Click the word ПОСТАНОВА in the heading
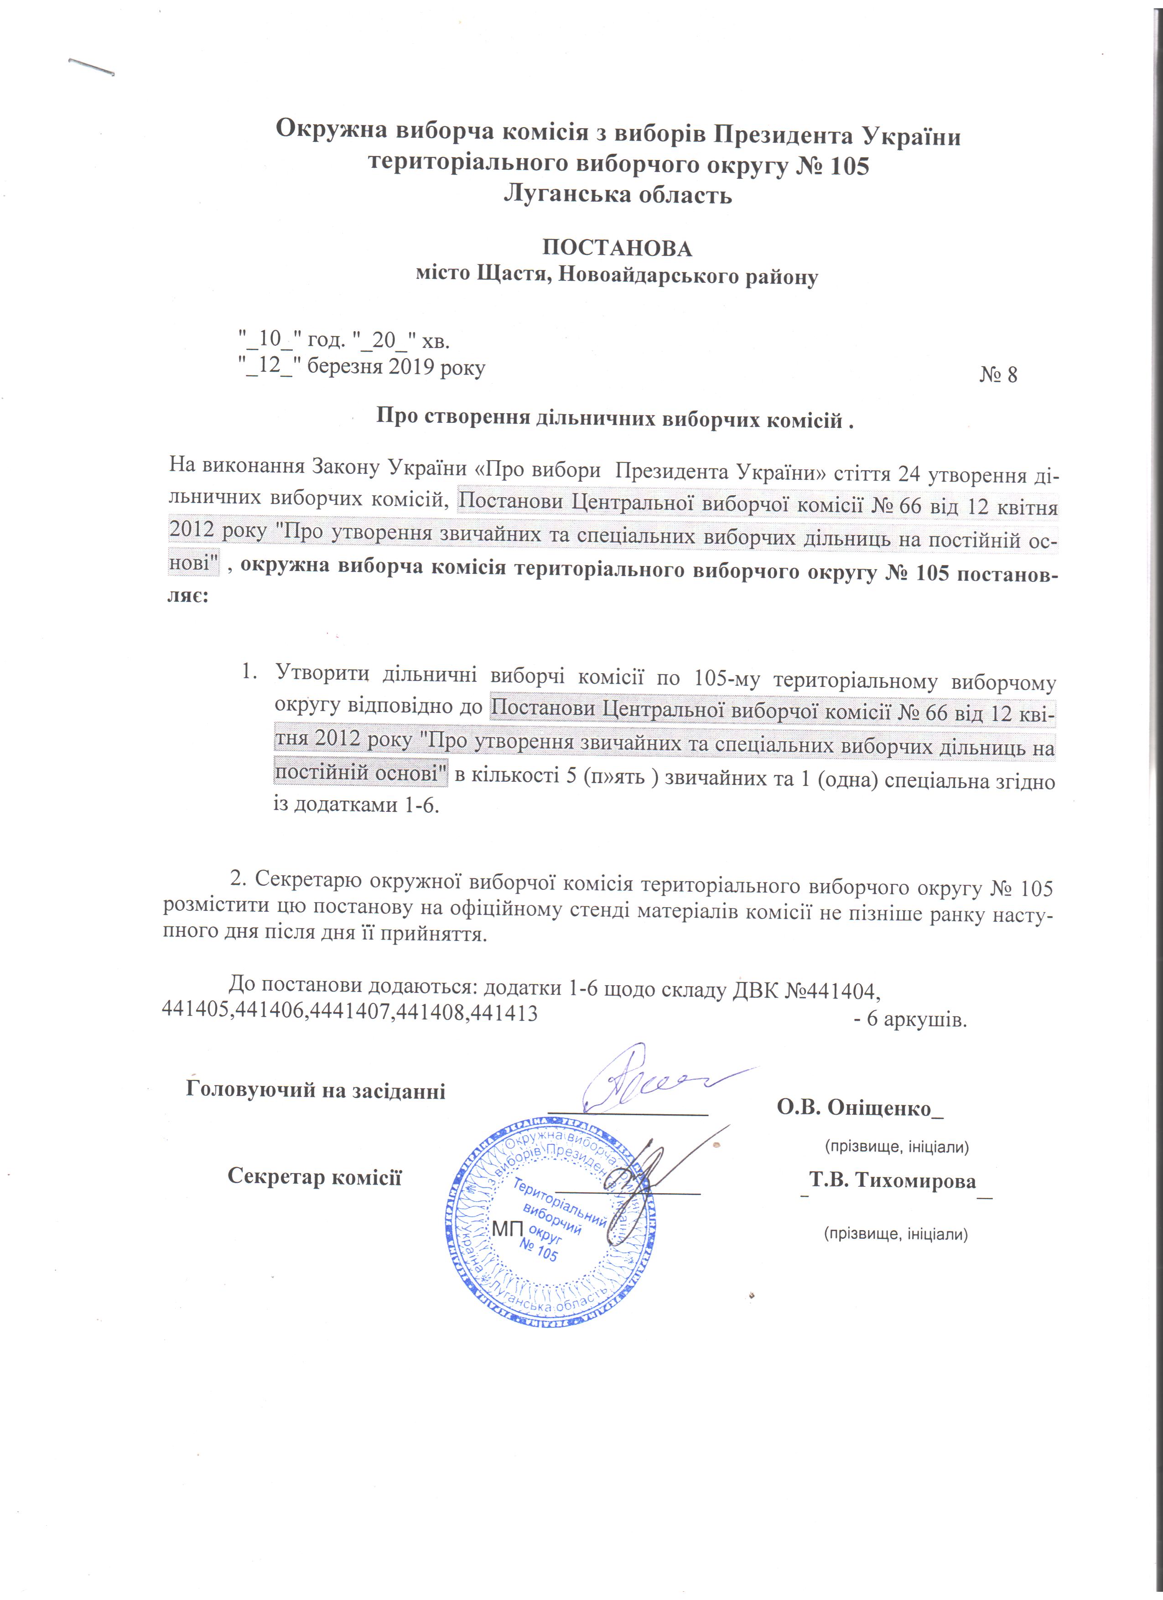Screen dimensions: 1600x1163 [x=617, y=248]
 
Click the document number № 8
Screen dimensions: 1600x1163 [x=998, y=374]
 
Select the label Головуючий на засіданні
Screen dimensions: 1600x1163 [x=315, y=1091]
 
